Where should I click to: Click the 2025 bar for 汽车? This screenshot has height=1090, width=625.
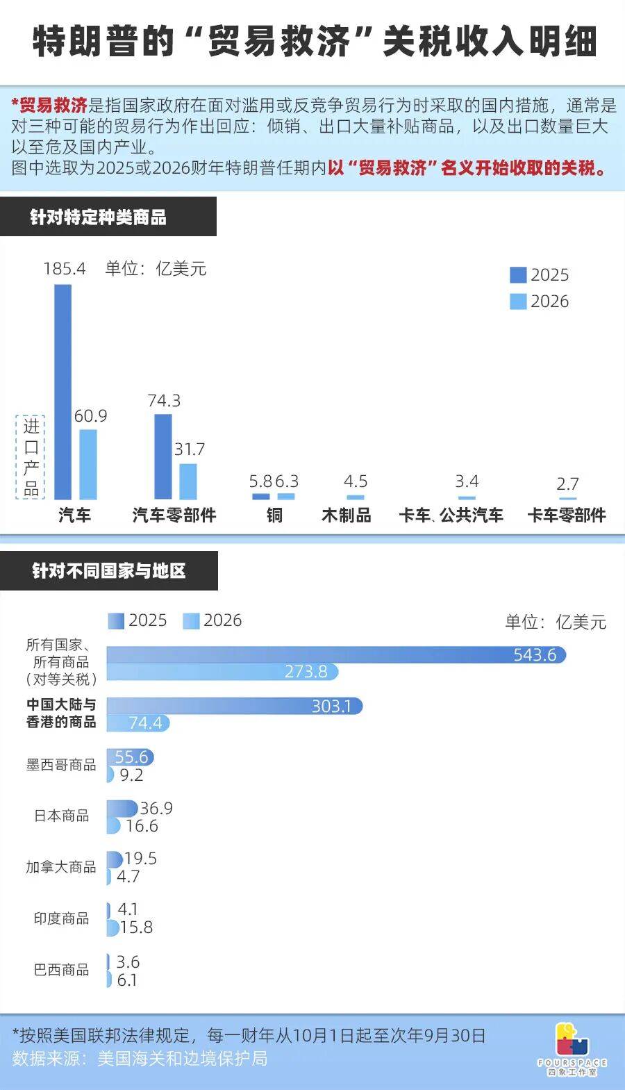[x=62, y=392]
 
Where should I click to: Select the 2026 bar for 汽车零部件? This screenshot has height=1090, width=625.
[x=188, y=481]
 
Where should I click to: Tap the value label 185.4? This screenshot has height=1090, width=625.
[x=65, y=269]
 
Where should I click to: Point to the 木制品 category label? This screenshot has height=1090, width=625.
[x=347, y=515]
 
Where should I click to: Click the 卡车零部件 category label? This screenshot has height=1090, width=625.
[x=567, y=515]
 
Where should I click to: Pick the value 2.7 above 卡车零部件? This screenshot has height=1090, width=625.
[x=567, y=484]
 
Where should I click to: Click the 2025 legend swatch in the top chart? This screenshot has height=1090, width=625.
[x=518, y=275]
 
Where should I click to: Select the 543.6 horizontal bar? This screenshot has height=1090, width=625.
[x=336, y=654]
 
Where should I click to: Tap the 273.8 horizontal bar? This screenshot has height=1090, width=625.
[x=222, y=672]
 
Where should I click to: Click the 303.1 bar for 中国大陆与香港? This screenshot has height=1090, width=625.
[x=234, y=706]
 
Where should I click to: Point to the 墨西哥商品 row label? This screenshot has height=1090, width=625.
[x=61, y=765]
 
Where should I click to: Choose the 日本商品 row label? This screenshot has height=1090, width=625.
[x=61, y=816]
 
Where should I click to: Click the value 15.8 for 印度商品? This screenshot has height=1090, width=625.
[x=136, y=927]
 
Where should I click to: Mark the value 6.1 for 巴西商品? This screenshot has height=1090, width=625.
[x=127, y=980]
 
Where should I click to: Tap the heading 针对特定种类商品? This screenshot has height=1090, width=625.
[x=98, y=217]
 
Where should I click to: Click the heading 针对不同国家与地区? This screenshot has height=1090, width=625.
[x=108, y=571]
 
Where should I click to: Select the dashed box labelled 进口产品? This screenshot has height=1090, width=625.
[x=31, y=457]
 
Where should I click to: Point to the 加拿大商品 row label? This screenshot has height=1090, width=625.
[x=61, y=867]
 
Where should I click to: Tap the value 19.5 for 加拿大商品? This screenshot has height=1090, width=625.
[x=140, y=859]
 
